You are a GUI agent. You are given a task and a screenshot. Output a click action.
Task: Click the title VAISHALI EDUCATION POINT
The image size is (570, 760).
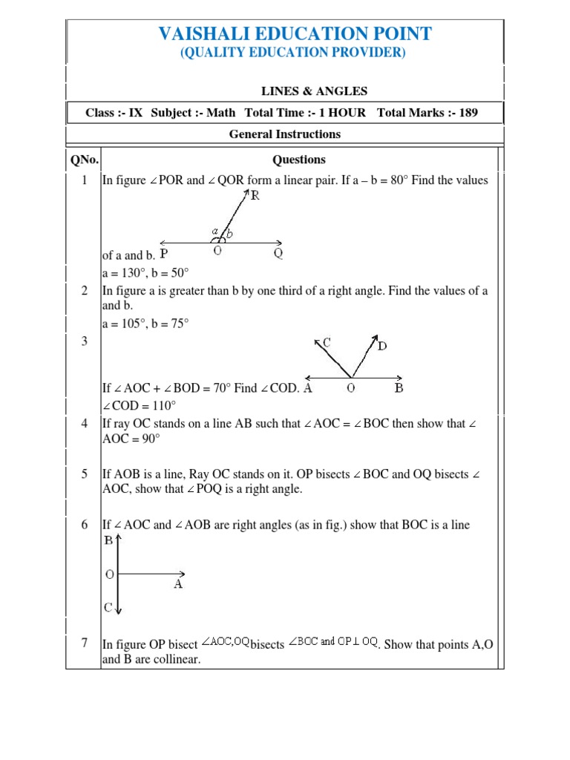pyautogui.click(x=295, y=33)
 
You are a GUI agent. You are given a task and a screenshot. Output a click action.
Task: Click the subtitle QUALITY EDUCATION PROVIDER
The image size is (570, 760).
pyautogui.click(x=295, y=53)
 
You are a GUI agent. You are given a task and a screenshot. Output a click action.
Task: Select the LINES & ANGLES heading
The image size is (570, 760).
pyautogui.click(x=314, y=91)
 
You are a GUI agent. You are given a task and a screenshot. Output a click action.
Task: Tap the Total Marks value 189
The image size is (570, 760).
pyautogui.click(x=468, y=113)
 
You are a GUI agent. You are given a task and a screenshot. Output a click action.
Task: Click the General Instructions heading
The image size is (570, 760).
pyautogui.click(x=285, y=134)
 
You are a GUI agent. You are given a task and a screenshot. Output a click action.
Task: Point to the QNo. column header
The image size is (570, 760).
pyautogui.click(x=83, y=160)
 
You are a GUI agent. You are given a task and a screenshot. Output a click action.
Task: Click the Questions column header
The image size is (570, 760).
pyautogui.click(x=299, y=160)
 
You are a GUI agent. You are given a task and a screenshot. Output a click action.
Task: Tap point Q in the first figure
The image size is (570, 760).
pyautogui.click(x=278, y=254)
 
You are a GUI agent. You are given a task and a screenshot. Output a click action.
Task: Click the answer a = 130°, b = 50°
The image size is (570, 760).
pyautogui.click(x=145, y=272)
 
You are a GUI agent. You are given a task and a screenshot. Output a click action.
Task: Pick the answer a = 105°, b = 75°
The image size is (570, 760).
pyautogui.click(x=145, y=323)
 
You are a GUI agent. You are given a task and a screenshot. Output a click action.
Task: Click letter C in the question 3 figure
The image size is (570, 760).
pyautogui.click(x=327, y=342)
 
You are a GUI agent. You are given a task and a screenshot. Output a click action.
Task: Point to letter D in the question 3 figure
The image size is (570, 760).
pyautogui.click(x=381, y=346)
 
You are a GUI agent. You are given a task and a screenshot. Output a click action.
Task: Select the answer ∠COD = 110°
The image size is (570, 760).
pyautogui.click(x=140, y=405)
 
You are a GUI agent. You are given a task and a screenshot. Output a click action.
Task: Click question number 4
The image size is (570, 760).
pyautogui.click(x=85, y=423)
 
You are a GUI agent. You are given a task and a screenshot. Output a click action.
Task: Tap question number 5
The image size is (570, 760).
pyautogui.click(x=85, y=474)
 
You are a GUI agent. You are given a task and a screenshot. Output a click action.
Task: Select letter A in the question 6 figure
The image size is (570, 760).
pyautogui.click(x=178, y=584)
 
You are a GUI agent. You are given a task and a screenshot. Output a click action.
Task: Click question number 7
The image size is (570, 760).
pyautogui.click(x=85, y=643)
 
